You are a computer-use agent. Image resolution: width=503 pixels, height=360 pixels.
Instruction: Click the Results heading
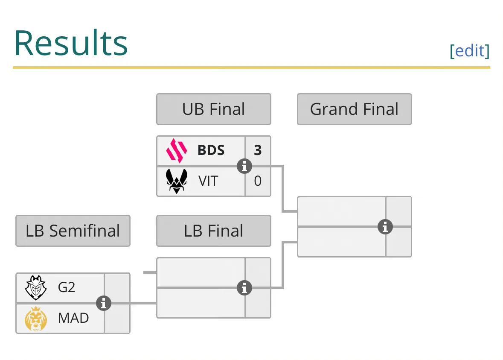pyautogui.click(x=71, y=43)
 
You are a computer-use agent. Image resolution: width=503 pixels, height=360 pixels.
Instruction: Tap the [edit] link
pyautogui.click(x=470, y=51)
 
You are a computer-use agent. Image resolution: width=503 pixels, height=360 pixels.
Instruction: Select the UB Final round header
pyautogui.click(x=214, y=109)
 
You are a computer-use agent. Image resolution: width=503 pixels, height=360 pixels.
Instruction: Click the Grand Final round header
pyautogui.click(x=355, y=109)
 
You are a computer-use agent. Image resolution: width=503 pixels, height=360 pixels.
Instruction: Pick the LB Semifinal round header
pyautogui.click(x=73, y=231)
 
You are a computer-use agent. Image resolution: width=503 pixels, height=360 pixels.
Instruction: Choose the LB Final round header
pyautogui.click(x=214, y=231)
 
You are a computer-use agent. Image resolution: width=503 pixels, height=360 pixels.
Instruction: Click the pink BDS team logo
pyautogui.click(x=177, y=150)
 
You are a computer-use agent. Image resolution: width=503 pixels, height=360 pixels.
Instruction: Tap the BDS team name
pyautogui.click(x=211, y=150)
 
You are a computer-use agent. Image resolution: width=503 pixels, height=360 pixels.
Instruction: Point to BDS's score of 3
pyautogui.click(x=258, y=150)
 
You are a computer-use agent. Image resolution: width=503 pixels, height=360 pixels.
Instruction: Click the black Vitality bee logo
pyautogui.click(x=177, y=181)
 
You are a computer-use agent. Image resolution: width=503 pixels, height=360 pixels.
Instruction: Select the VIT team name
pyautogui.click(x=208, y=181)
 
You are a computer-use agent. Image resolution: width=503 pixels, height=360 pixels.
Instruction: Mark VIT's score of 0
pyautogui.click(x=258, y=181)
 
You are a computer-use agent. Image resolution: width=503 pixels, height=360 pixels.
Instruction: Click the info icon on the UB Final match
pyautogui.click(x=244, y=167)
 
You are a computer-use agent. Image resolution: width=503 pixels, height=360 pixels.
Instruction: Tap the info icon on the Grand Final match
pyautogui.click(x=385, y=227)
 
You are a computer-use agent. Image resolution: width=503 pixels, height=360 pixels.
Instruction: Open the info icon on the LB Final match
pyautogui.click(x=244, y=288)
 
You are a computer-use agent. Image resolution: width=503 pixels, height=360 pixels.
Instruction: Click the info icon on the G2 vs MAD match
pyautogui.click(x=104, y=303)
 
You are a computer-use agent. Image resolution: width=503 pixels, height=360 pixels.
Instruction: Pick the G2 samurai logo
pyautogui.click(x=36, y=287)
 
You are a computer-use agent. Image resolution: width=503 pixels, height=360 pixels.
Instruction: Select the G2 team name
pyautogui.click(x=67, y=287)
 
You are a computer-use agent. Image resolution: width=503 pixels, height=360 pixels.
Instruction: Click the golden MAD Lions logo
pyautogui.click(x=36, y=319)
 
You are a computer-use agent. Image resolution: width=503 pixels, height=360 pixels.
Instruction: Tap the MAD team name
pyautogui.click(x=73, y=318)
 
